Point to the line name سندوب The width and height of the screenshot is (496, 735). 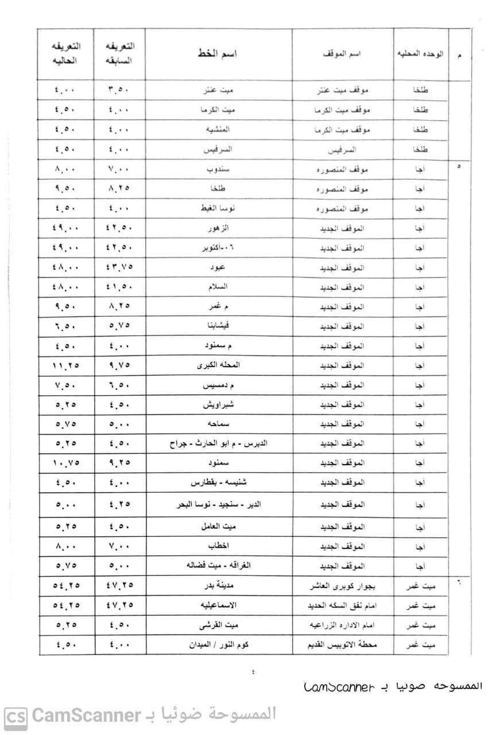(218, 170)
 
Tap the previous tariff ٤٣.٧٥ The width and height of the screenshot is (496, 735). (119, 267)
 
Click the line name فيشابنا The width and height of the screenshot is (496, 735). (218, 326)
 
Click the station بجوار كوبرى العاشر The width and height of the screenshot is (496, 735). (343, 586)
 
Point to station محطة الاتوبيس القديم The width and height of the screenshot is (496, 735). (343, 644)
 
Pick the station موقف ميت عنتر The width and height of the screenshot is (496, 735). (343, 91)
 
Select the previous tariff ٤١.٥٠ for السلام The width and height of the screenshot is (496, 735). (119, 287)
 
